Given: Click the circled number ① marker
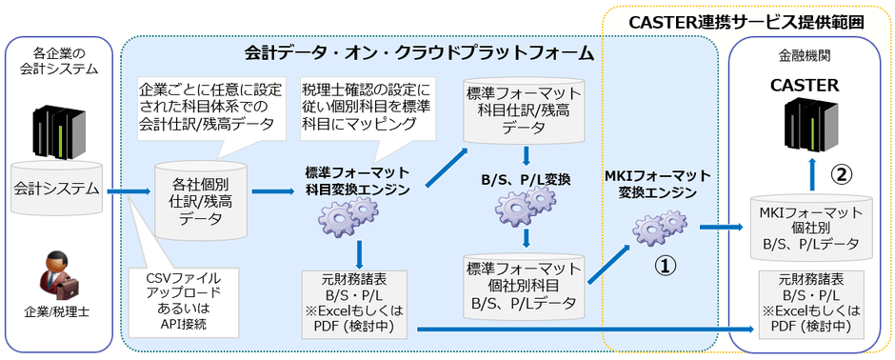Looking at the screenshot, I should [663, 266].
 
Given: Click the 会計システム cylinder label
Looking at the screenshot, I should [56, 189].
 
